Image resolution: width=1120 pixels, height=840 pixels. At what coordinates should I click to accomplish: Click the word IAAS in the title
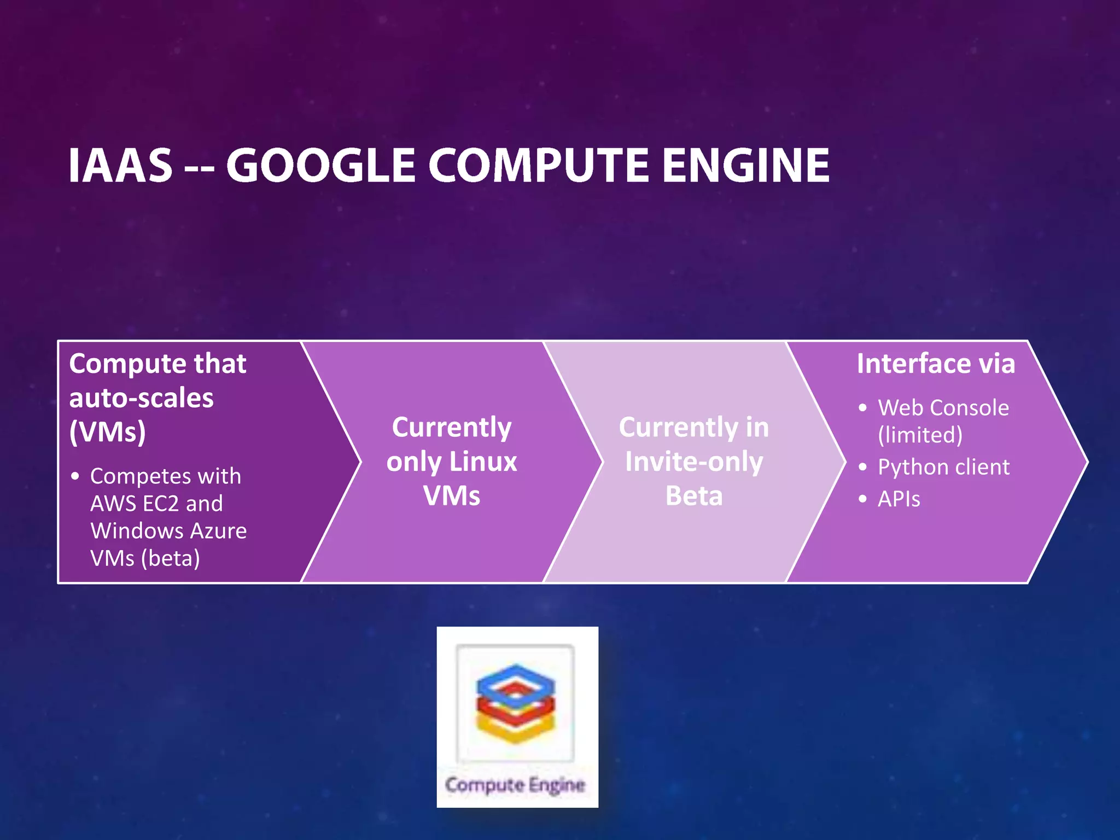(121, 165)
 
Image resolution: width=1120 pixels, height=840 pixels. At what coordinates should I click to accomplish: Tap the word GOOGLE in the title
(320, 165)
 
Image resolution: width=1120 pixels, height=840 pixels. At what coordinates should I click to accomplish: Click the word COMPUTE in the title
(538, 165)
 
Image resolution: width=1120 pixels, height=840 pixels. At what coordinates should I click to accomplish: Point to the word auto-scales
(141, 398)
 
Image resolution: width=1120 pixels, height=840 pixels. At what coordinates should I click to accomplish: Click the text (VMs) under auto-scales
(107, 432)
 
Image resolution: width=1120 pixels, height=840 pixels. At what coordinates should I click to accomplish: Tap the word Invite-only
(693, 462)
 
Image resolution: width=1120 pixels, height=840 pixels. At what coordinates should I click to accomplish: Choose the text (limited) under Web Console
(920, 435)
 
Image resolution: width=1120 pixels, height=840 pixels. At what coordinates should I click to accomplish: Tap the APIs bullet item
(899, 499)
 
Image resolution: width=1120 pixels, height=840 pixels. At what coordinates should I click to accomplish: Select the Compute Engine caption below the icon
(515, 785)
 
